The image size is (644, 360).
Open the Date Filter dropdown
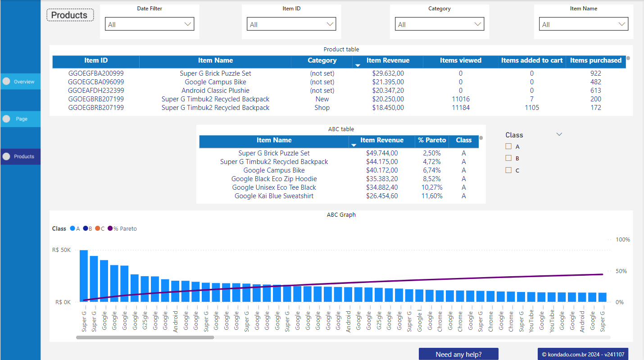(150, 24)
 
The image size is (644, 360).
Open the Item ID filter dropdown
(291, 24)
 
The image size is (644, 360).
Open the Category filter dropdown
(440, 24)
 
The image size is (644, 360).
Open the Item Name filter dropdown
(584, 24)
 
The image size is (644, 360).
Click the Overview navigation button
(20, 82)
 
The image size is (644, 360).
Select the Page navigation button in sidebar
(20, 119)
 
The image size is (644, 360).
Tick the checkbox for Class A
(508, 146)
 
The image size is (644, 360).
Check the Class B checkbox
(508, 158)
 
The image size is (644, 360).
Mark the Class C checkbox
(508, 170)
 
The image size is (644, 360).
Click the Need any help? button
(458, 354)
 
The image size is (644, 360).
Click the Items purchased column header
(595, 60)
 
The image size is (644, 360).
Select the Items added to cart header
(531, 60)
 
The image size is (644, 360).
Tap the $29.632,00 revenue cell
(388, 73)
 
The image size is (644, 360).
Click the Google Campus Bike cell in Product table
(215, 82)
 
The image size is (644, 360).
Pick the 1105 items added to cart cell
(531, 108)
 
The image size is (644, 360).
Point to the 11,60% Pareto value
(431, 196)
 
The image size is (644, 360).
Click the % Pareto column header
(431, 140)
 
